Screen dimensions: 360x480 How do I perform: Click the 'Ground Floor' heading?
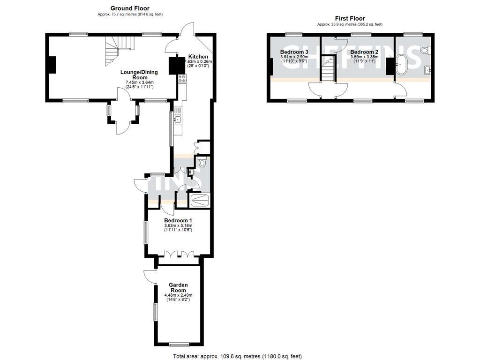[130, 8]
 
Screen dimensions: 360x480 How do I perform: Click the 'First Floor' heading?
[350, 18]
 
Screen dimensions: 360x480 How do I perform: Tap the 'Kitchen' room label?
[198, 56]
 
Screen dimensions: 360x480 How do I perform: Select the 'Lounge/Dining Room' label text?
[139, 75]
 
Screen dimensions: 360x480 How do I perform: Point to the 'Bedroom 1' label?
[178, 220]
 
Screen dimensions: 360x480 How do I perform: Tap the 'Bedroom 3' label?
[294, 52]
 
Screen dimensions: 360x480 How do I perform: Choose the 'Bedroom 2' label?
[364, 52]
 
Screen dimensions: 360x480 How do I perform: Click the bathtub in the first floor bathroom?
[402, 66]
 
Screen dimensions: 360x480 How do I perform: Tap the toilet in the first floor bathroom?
[425, 50]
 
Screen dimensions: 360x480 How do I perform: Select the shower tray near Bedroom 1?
[199, 200]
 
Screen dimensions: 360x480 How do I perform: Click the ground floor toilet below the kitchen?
[202, 163]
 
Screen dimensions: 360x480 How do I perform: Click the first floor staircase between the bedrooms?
[329, 68]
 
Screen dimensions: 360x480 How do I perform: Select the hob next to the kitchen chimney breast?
[182, 79]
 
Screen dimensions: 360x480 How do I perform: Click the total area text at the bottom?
[238, 356]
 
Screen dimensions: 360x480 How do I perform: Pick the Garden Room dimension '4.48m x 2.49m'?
[178, 295]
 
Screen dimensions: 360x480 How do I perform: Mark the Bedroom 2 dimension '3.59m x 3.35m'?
[364, 57]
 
